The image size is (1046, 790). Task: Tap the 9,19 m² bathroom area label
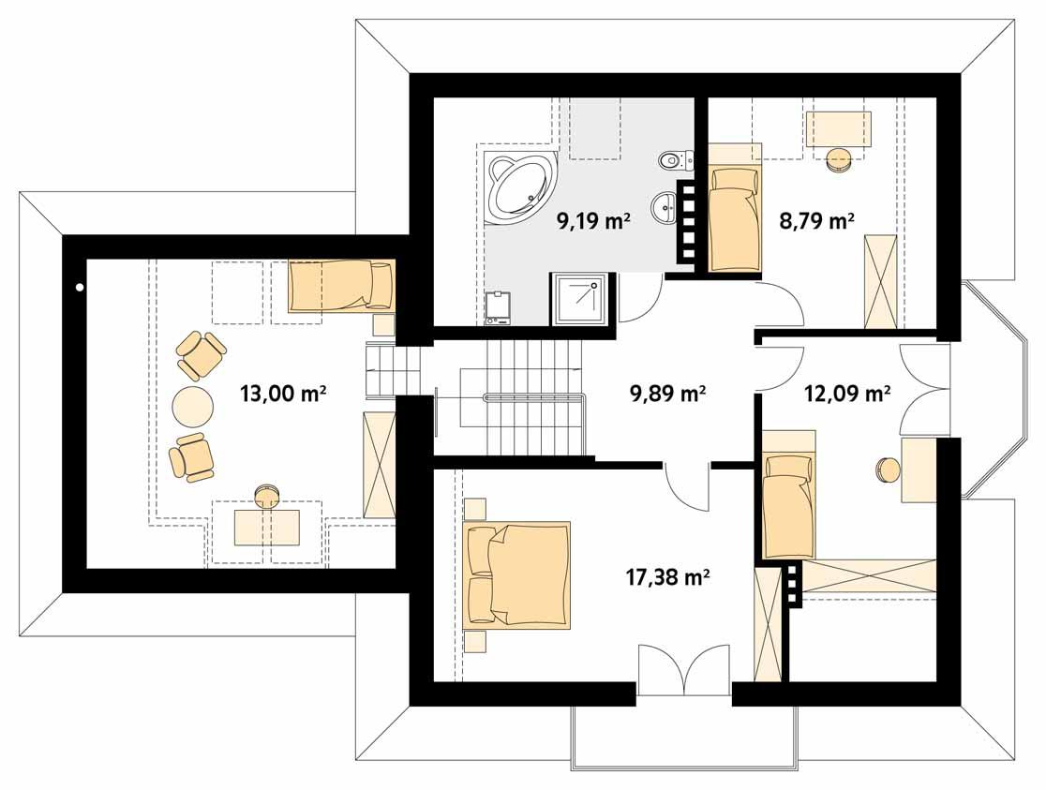pyautogui.click(x=592, y=221)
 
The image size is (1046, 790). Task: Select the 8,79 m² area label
pyautogui.click(x=815, y=221)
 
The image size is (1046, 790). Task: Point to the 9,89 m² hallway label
pyautogui.click(x=667, y=395)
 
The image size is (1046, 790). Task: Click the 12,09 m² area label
pyautogui.click(x=847, y=395)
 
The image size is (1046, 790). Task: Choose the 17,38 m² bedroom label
pyautogui.click(x=666, y=578)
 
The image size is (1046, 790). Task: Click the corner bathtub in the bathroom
pyautogui.click(x=521, y=186)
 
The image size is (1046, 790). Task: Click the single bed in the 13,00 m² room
pyautogui.click(x=341, y=286)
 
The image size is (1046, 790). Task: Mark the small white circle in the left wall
pyautogui.click(x=81, y=288)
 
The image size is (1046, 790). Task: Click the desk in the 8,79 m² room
pyautogui.click(x=838, y=128)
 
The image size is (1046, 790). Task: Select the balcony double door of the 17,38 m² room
pyautogui.click(x=683, y=670)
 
